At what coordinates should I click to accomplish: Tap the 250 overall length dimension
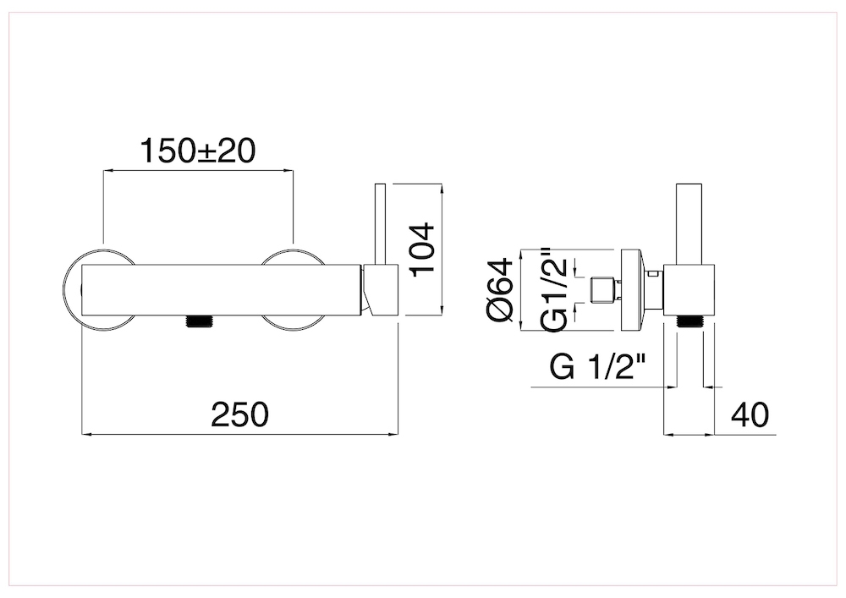(239, 414)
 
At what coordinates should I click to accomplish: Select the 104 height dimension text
(422, 250)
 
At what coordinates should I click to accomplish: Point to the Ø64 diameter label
(500, 290)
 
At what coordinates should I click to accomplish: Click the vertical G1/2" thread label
(555, 289)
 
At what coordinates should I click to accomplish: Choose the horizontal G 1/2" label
(598, 367)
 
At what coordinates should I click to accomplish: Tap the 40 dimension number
(750, 414)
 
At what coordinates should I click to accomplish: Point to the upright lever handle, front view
(380, 224)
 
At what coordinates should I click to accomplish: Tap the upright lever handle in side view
(689, 225)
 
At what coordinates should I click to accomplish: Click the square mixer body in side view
(689, 290)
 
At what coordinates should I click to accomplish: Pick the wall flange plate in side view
(630, 290)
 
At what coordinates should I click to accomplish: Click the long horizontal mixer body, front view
(221, 290)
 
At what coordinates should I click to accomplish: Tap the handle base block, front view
(382, 290)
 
